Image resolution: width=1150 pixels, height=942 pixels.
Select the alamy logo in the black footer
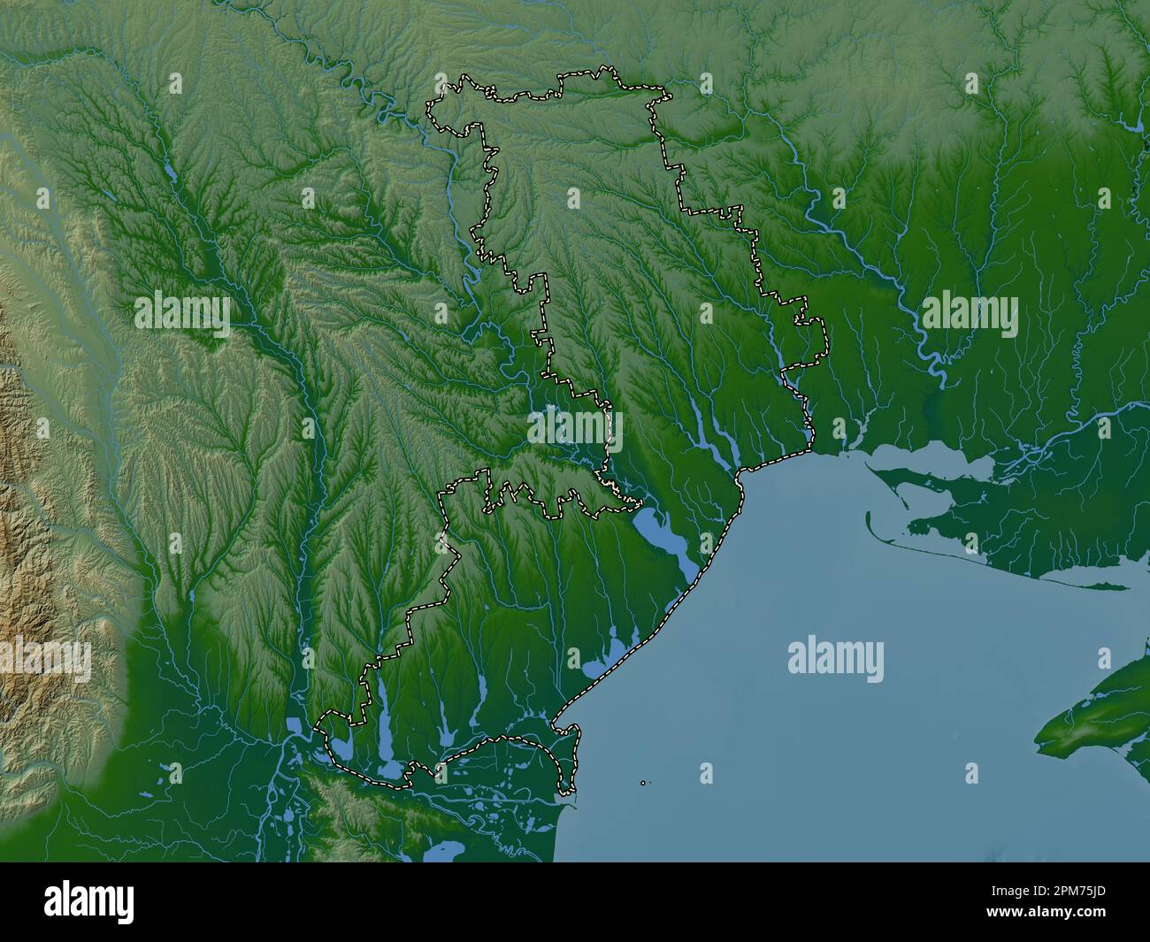pyautogui.click(x=92, y=901)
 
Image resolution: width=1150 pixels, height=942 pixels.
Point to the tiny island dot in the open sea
pyautogui.click(x=643, y=782)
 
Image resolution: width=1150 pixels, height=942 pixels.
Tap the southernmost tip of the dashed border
pyautogui.click(x=571, y=791)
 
